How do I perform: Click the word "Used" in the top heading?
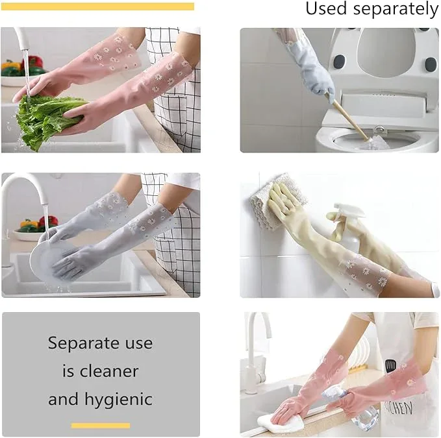(x=326, y=8)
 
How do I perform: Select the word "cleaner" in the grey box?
(x=109, y=371)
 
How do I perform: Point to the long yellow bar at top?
(x=97, y=6)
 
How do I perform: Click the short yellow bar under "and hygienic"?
(x=101, y=426)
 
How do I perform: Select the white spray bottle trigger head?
(x=349, y=210)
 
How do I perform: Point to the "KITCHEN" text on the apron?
(x=398, y=408)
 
